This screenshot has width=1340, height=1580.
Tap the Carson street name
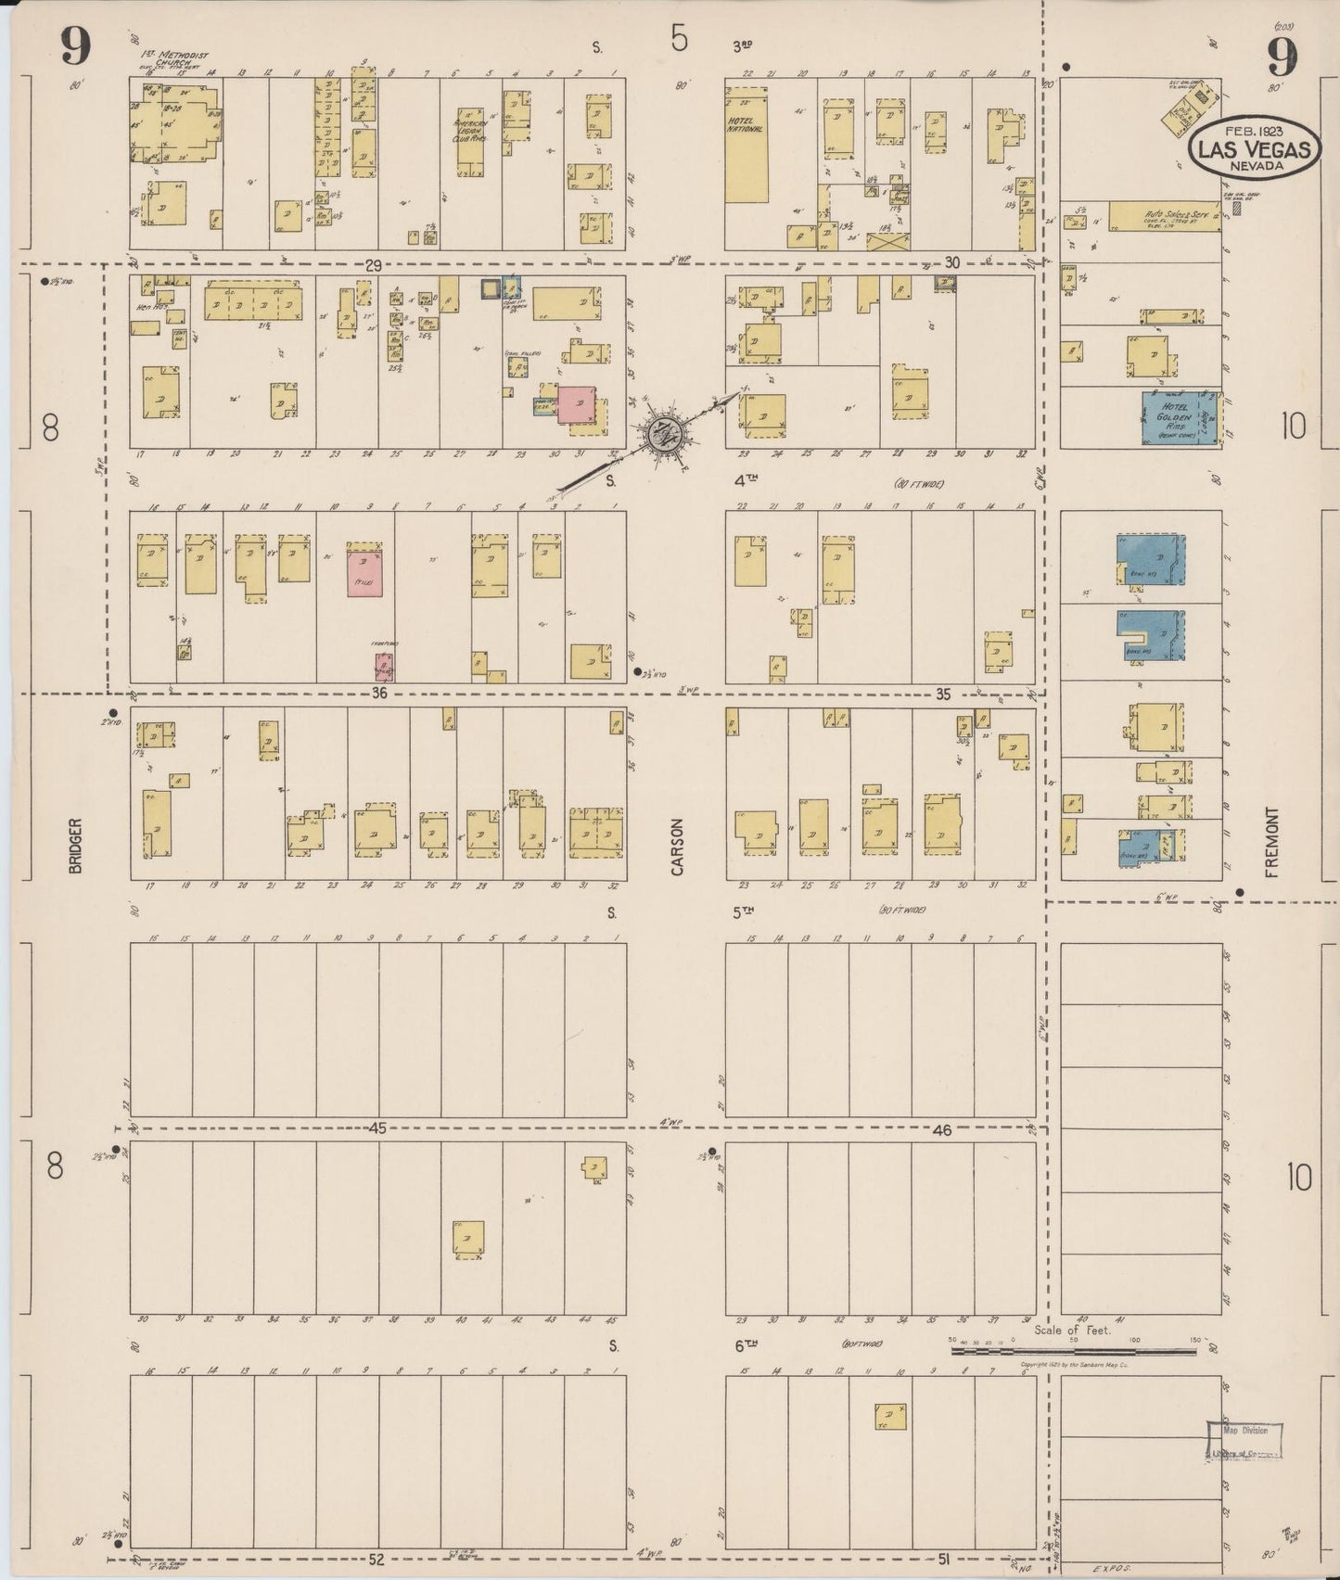(677, 846)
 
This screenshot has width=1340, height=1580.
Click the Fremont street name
(1270, 841)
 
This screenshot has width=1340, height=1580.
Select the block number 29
(373, 266)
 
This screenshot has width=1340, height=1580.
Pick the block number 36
(378, 693)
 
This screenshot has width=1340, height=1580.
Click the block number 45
(378, 1128)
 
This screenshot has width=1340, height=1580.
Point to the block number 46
(943, 1131)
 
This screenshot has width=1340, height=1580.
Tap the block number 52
(376, 1560)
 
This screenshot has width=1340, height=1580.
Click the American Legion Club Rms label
(470, 135)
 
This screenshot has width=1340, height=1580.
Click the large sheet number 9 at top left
(76, 46)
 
